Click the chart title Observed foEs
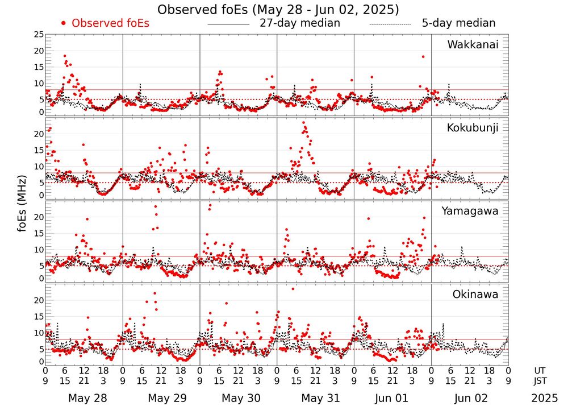(278, 10)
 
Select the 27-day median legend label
(300, 23)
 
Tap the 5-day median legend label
(458, 23)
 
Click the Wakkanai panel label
(473, 44)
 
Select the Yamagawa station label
(470, 211)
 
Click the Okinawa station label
(475, 294)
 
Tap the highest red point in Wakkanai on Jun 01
(423, 56)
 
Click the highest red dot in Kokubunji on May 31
(303, 122)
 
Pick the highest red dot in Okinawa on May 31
(293, 289)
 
